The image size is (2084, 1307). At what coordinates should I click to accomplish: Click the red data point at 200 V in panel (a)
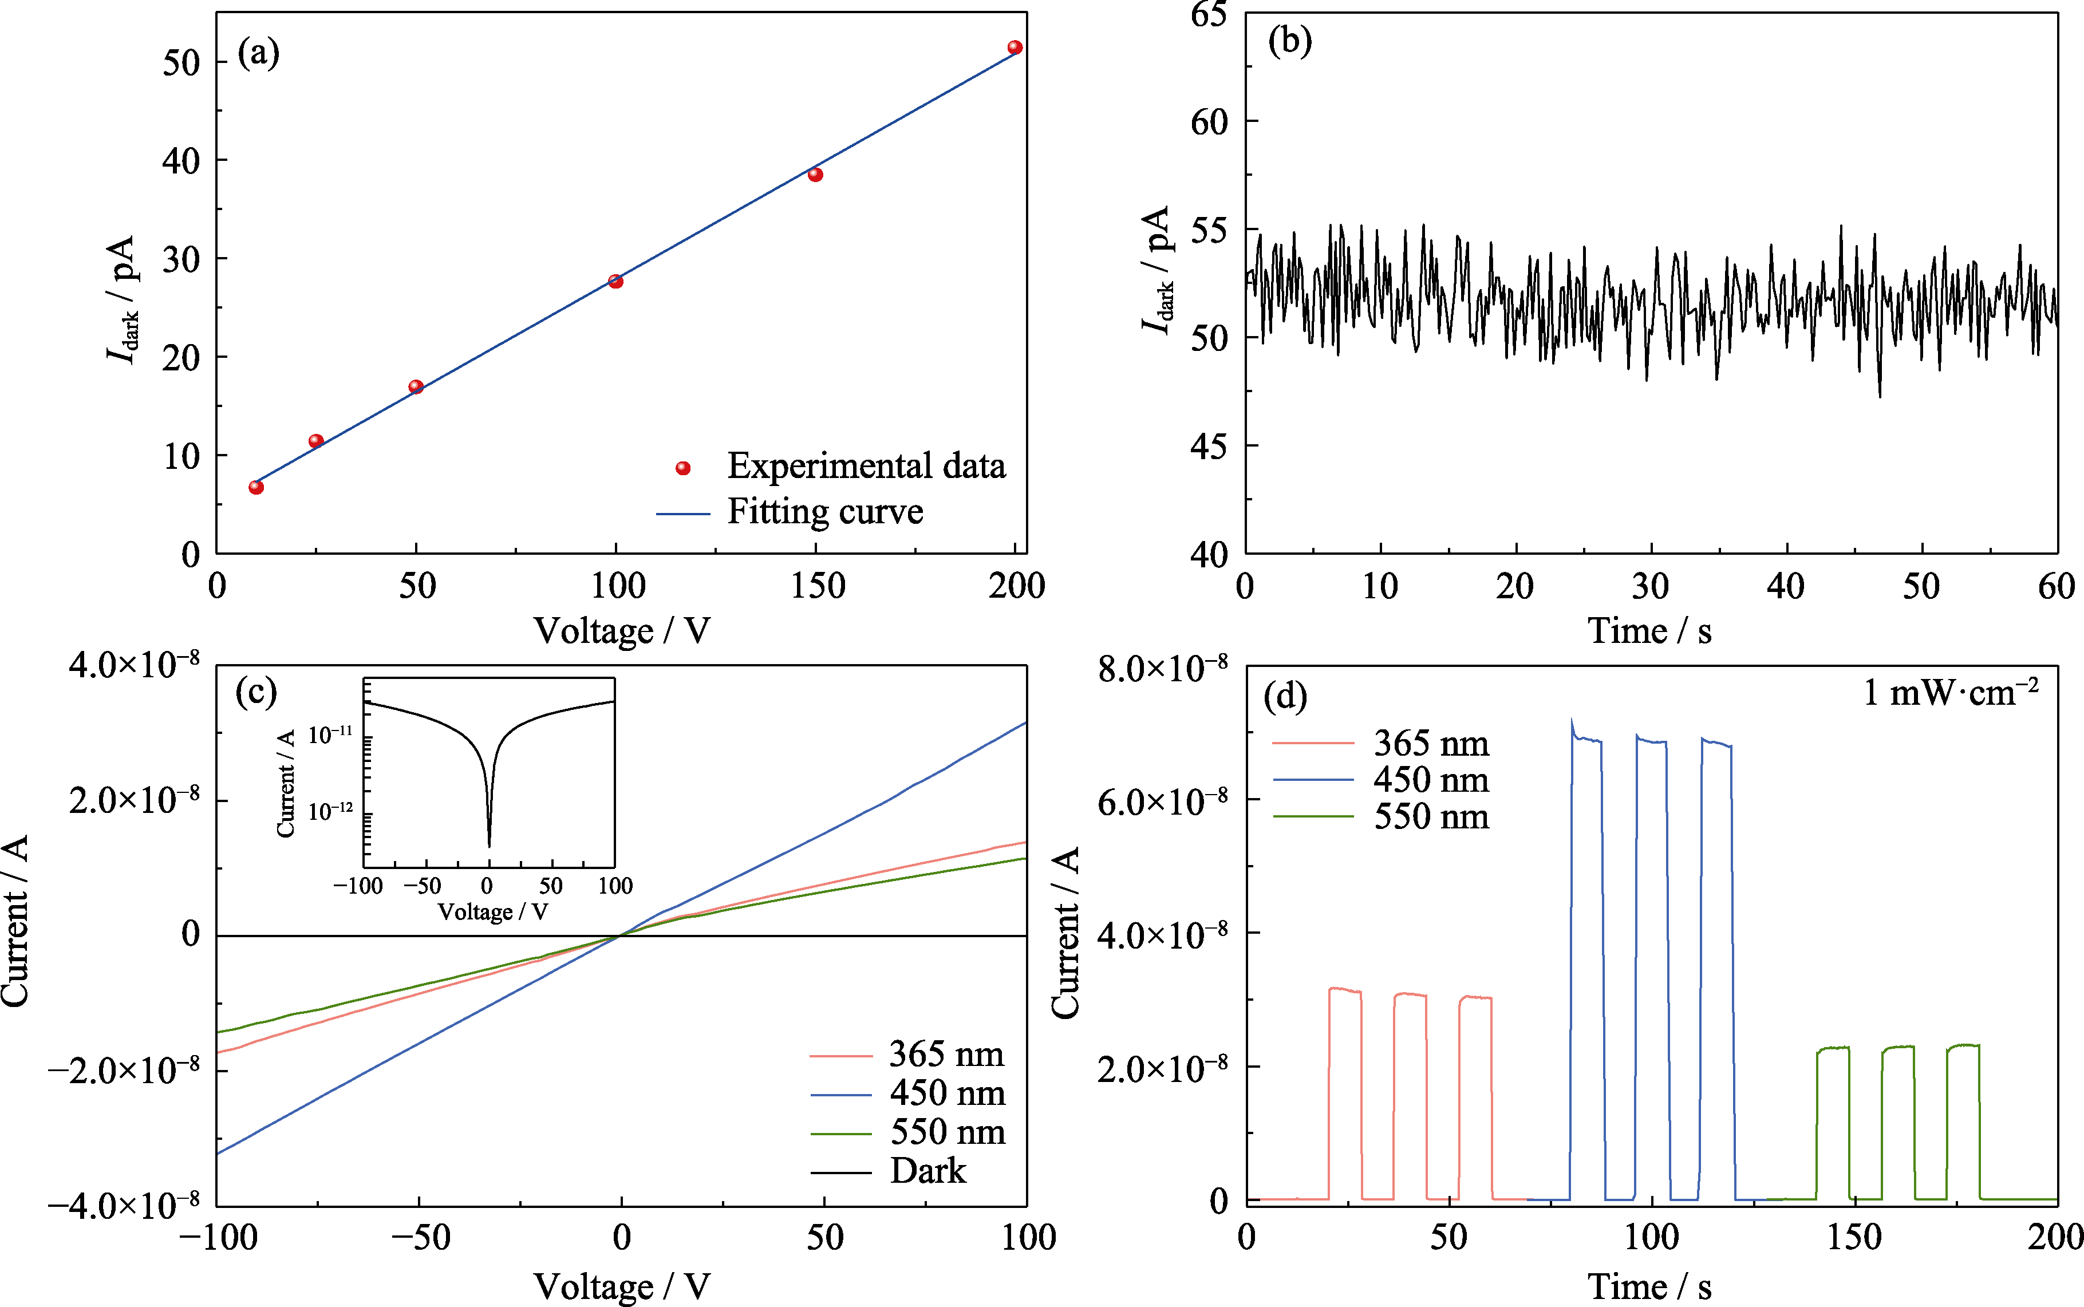(1015, 48)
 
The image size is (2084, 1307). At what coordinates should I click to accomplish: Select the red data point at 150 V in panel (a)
(815, 175)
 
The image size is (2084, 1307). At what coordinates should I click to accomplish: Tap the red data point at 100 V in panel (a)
(615, 281)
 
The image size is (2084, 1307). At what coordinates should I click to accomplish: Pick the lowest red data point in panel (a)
(256, 488)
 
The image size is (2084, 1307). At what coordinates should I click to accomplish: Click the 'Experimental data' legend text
(866, 466)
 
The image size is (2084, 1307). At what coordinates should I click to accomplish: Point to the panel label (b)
(1290, 41)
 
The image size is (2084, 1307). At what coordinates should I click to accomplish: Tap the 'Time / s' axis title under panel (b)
(1649, 631)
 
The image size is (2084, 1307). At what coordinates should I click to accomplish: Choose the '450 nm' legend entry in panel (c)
(948, 1093)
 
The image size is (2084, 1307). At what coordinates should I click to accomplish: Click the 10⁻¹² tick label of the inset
(330, 811)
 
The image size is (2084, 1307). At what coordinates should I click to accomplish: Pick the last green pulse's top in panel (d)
(1963, 1046)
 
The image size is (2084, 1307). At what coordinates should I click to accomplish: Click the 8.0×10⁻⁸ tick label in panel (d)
(1163, 670)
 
